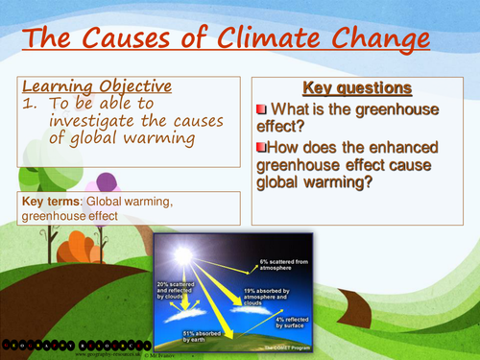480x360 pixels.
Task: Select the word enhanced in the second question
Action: (x=381, y=147)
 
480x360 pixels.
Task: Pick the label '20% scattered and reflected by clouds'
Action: (x=180, y=291)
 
